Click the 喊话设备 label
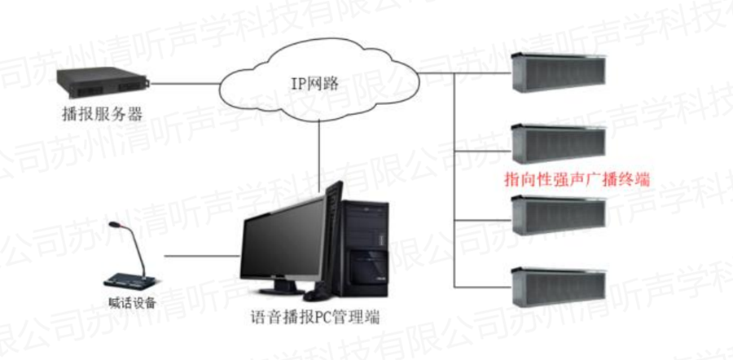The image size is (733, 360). (x=131, y=303)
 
